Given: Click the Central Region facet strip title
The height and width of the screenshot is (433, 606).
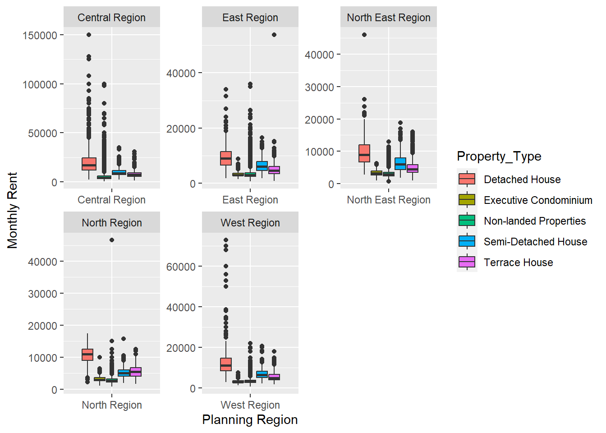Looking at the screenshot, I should (111, 18).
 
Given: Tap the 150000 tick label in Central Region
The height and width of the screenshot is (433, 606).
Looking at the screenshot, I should (40, 35).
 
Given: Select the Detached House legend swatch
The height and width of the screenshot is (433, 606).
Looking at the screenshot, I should (467, 180).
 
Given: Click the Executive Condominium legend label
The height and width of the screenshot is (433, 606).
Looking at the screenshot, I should (538, 200).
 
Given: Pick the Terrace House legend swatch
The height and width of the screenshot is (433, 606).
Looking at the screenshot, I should (467, 263).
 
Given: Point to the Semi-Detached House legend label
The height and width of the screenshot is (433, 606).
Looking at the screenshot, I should (535, 242).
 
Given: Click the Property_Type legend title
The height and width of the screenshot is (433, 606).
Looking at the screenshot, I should (499, 157).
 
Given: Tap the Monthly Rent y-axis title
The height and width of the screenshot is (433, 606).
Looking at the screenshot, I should (12, 210).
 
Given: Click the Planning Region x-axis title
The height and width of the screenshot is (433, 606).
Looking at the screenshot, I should (250, 419).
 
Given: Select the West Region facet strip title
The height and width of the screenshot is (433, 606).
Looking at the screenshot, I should (250, 223).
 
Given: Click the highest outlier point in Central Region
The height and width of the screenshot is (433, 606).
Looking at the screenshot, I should (89, 35).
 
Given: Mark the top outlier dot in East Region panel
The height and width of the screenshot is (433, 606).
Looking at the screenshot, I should (274, 35).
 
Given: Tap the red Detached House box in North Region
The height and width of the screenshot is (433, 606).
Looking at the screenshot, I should (87, 355).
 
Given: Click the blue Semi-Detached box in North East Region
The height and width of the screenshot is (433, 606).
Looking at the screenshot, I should (400, 164).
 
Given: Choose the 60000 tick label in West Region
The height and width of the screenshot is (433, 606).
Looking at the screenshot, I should (181, 267).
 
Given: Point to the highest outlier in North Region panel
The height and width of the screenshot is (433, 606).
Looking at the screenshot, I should (112, 240).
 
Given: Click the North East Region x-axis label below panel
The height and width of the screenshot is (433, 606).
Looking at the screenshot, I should (389, 200).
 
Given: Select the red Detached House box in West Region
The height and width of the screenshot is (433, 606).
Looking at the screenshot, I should (226, 364).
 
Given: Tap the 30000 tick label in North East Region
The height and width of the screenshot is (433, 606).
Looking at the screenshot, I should (319, 87).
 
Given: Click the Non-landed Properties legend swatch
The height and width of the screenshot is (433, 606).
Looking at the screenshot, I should (467, 221).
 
